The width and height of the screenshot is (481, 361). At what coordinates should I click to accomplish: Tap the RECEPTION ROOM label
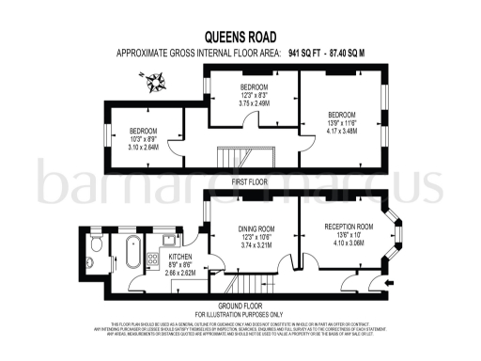349,227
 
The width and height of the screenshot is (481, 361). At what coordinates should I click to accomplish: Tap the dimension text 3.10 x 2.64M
143,146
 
